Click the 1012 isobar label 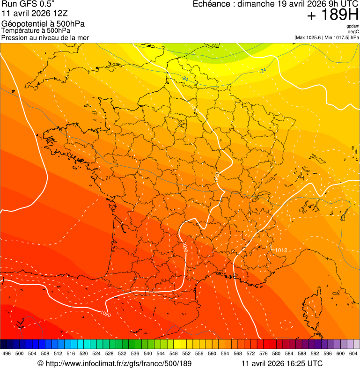[x=281, y=250]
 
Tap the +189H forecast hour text [x=333, y=15]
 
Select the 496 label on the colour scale [x=7, y=353]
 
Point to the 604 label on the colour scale [x=353, y=353]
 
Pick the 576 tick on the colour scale [x=263, y=353]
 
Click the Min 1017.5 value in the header [x=337, y=37]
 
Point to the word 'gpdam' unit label [x=353, y=26]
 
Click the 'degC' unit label [x=353, y=31]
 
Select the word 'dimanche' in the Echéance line [x=257, y=4]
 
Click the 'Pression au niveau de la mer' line [x=45, y=37]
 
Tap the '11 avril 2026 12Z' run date [x=35, y=13]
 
